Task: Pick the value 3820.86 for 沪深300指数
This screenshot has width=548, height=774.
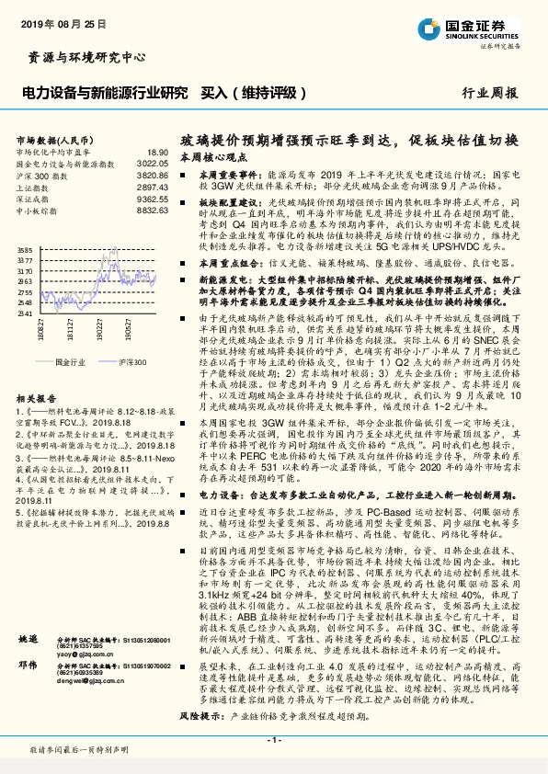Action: click(x=152, y=173)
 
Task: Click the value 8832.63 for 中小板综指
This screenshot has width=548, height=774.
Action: click(x=152, y=209)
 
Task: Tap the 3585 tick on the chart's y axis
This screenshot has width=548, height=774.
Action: click(x=25, y=250)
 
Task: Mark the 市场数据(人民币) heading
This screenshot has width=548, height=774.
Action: click(x=51, y=139)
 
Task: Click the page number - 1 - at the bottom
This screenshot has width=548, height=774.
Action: click(x=273, y=740)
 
